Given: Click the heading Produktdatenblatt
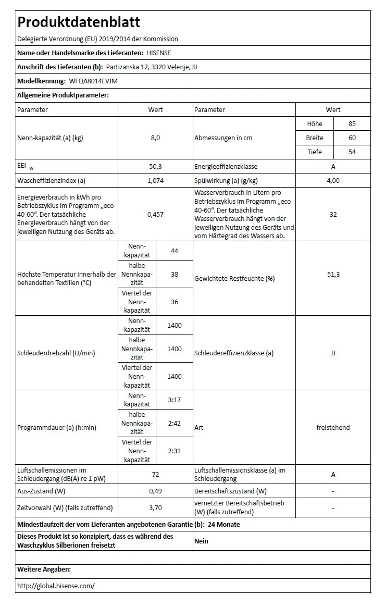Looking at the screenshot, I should pos(79,22).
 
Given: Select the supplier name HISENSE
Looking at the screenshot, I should pos(158,53).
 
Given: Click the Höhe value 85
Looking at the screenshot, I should pos(352,124).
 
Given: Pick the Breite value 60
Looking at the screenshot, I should pos(352,138).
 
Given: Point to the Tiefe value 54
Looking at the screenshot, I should pos(352,152).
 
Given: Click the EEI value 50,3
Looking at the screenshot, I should pos(155,166).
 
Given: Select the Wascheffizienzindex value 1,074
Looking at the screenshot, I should pos(155,180).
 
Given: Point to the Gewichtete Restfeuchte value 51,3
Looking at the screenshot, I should pos(333,275).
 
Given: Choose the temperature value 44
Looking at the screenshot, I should pos(175,251).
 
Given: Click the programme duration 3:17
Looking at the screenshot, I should pos(175,400).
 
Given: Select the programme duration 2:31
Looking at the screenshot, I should pos(175,451).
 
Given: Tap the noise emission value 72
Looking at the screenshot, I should pos(155,474).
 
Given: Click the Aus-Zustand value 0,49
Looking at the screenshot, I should pos(155,491).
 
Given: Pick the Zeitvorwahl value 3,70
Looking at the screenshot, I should pos(155,507).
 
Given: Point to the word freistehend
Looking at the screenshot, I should pos(333,427).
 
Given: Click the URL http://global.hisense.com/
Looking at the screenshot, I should pos(56,586).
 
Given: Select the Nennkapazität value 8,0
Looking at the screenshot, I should pos(155,138).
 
